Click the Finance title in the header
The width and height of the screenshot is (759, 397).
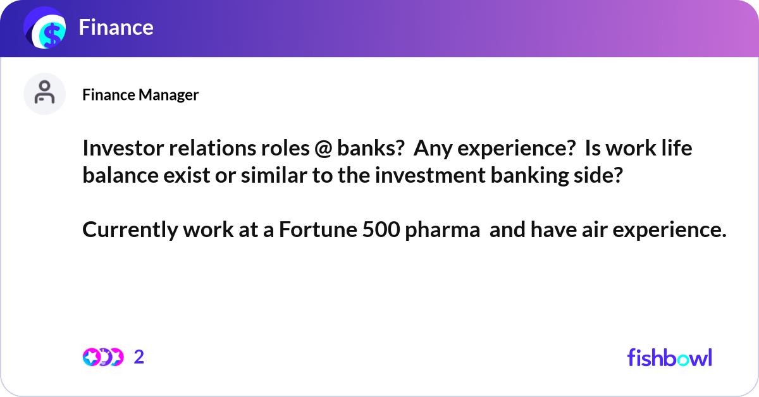[x=116, y=27]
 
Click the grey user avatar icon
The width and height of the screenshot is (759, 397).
[x=45, y=94]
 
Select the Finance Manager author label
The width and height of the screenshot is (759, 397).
[x=140, y=95]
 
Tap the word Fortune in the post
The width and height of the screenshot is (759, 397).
[x=319, y=231]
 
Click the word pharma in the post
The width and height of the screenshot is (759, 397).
[x=442, y=231]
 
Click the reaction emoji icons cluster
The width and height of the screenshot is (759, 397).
[x=102, y=357]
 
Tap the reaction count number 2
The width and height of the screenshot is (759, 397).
[x=139, y=357]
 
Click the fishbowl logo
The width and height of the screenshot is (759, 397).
[x=669, y=357]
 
